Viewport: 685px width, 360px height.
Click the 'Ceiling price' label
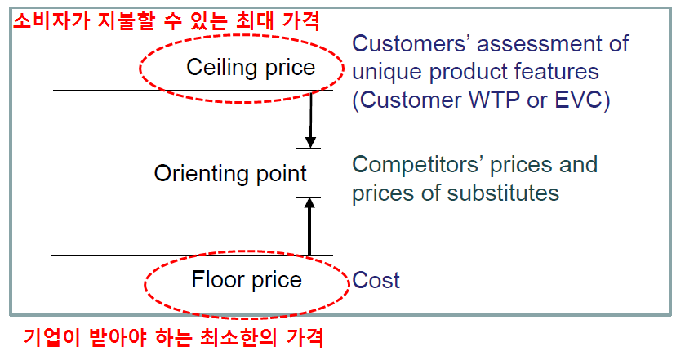(251, 68)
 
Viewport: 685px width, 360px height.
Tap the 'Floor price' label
(247, 280)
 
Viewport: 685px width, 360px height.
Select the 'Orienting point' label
(230, 174)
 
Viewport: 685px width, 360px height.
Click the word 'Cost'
(376, 280)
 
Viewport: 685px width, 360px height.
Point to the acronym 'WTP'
(494, 100)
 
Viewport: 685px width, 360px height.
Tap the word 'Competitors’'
(418, 165)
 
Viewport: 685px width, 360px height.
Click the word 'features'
(556, 72)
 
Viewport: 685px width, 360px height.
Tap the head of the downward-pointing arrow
(310, 142)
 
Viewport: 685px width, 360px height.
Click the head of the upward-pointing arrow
(309, 202)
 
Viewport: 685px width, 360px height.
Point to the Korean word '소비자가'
(51, 20)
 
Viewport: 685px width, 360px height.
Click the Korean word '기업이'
(51, 337)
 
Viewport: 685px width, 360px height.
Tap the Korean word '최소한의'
(238, 337)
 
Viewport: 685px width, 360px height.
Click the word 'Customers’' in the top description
(410, 44)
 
